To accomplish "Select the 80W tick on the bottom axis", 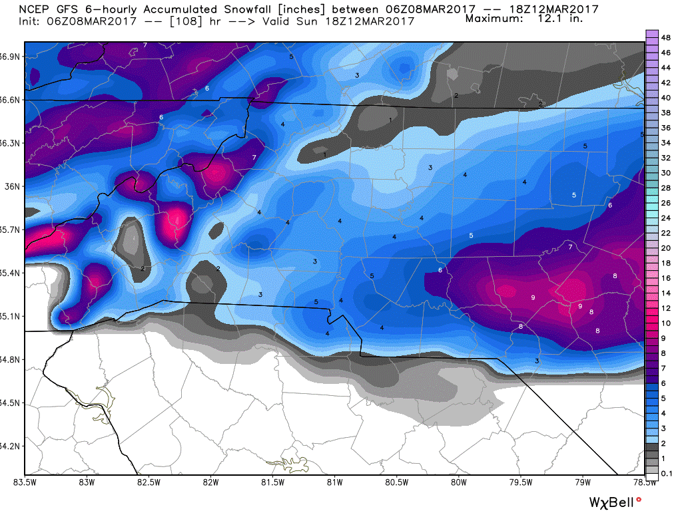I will (458, 482).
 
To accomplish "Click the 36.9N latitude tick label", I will (11, 57).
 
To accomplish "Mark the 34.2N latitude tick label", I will (11, 446).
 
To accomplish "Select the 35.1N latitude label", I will (11, 316).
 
